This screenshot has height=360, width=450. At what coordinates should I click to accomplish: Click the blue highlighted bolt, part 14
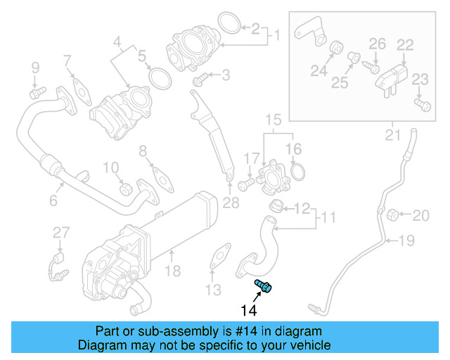(x=264, y=286)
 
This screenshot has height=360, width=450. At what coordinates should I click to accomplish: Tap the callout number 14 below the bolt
(x=250, y=309)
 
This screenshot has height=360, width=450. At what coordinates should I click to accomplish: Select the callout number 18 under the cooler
(x=172, y=269)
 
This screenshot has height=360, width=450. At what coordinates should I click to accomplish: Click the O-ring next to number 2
(x=227, y=23)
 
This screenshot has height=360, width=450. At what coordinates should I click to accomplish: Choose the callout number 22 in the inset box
(x=404, y=44)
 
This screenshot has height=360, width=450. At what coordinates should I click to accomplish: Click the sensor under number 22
(x=394, y=76)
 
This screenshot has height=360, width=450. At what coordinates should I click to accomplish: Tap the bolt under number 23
(x=422, y=105)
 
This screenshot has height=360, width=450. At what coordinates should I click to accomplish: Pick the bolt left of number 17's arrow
(x=245, y=185)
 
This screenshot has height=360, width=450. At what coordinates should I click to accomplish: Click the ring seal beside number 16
(x=297, y=172)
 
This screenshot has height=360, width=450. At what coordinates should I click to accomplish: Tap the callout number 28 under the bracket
(x=231, y=204)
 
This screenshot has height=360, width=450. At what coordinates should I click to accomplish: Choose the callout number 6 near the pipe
(x=53, y=201)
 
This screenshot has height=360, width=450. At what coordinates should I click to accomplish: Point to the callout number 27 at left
(x=61, y=233)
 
